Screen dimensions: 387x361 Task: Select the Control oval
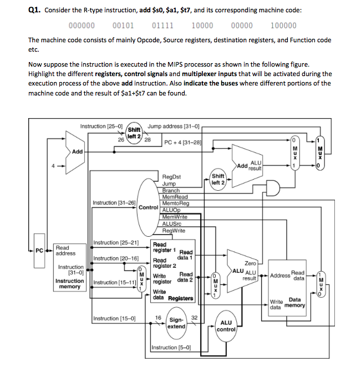coord(148,207)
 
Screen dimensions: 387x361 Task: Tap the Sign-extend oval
coord(176,323)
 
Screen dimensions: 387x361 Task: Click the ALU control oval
coord(226,326)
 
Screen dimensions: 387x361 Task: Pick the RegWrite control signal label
coord(174,230)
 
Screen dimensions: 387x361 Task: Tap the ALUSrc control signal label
coord(172,223)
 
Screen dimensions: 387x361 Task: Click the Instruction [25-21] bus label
coord(116,243)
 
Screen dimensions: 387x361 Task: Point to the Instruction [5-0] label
coord(171,348)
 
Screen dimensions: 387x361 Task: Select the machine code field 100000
coord(283,26)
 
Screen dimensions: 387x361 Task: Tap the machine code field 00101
coord(123,26)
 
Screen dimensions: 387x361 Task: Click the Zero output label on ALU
coord(251,263)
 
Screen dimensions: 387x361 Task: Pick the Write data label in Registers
coord(159,294)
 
